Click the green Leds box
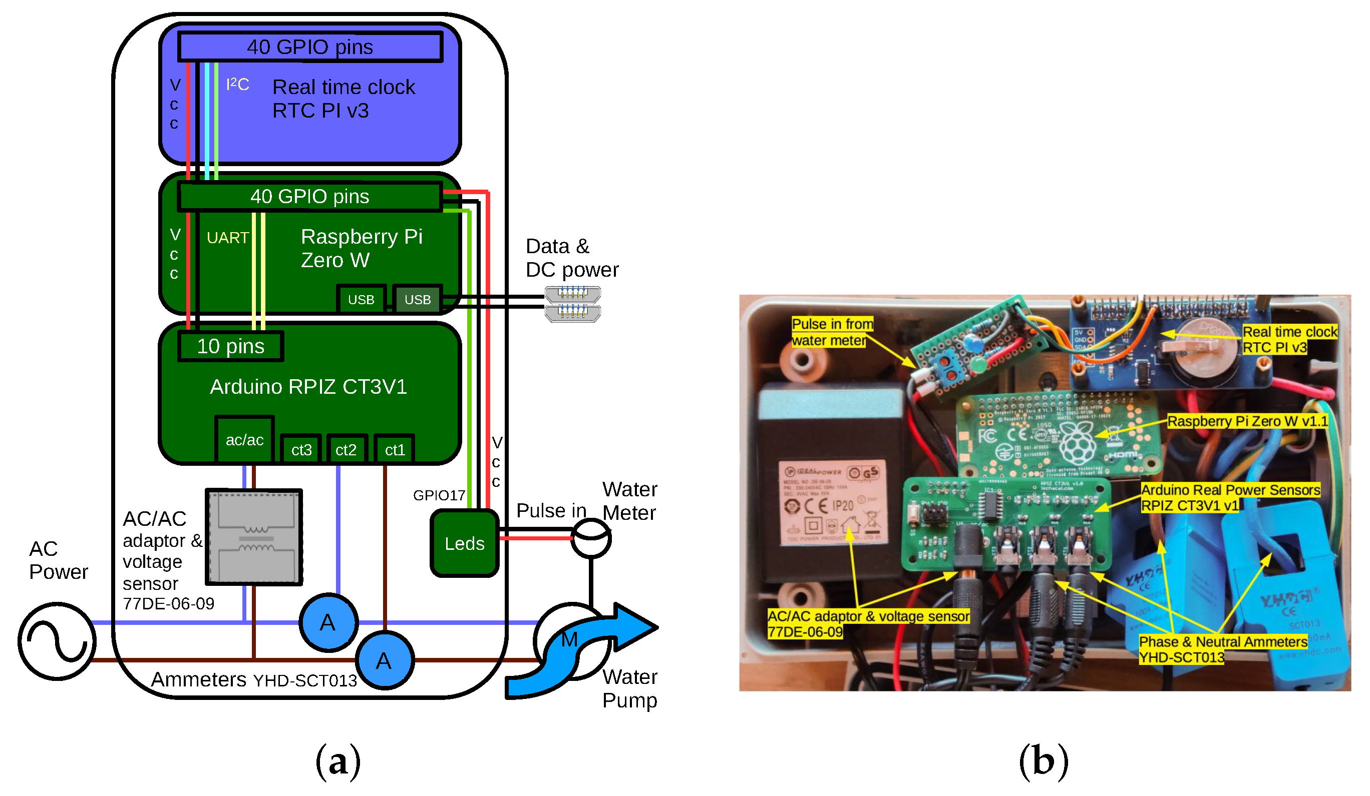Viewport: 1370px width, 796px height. coord(464,543)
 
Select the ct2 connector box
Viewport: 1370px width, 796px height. coord(346,450)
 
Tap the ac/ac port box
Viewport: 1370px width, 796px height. coord(245,440)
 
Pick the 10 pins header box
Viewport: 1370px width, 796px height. coord(230,347)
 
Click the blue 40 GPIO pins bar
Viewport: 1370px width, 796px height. coord(310,47)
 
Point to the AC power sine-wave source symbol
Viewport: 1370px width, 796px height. coord(57,641)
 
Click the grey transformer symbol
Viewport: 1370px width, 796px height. coord(254,537)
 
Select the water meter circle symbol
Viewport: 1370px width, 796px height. coord(591,538)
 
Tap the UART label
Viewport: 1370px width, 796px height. coord(227,238)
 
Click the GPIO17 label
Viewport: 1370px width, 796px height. coord(439,495)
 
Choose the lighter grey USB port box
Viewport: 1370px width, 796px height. coord(418,299)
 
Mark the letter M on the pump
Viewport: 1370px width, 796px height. coord(569,639)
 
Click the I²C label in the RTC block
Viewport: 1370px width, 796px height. coord(237,84)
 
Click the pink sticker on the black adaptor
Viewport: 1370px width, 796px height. coord(832,503)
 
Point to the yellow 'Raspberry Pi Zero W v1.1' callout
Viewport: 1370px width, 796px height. coord(1247,421)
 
